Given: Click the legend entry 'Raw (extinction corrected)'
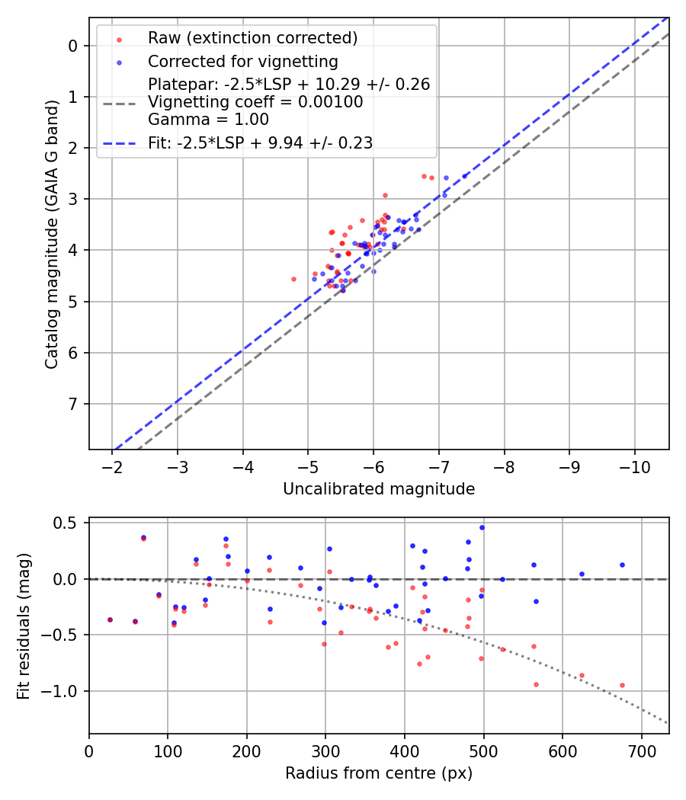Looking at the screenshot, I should (252, 38).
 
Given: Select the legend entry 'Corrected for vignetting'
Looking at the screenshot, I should (243, 61).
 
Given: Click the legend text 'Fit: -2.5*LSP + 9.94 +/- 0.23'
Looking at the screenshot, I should (260, 143).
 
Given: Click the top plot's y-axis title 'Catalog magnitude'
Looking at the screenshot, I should (52, 232).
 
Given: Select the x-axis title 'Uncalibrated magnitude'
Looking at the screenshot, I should (379, 489).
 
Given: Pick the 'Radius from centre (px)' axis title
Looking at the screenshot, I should (379, 773).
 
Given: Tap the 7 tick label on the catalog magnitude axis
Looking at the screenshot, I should (73, 404).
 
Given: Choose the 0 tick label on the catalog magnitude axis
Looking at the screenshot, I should (73, 46).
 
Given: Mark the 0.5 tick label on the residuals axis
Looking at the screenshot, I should (67, 523).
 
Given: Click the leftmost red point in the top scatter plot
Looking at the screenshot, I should (293, 279).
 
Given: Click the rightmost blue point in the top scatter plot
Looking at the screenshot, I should (465, 176).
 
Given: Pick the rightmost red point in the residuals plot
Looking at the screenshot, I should (622, 685).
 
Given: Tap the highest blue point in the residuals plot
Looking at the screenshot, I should (482, 527).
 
